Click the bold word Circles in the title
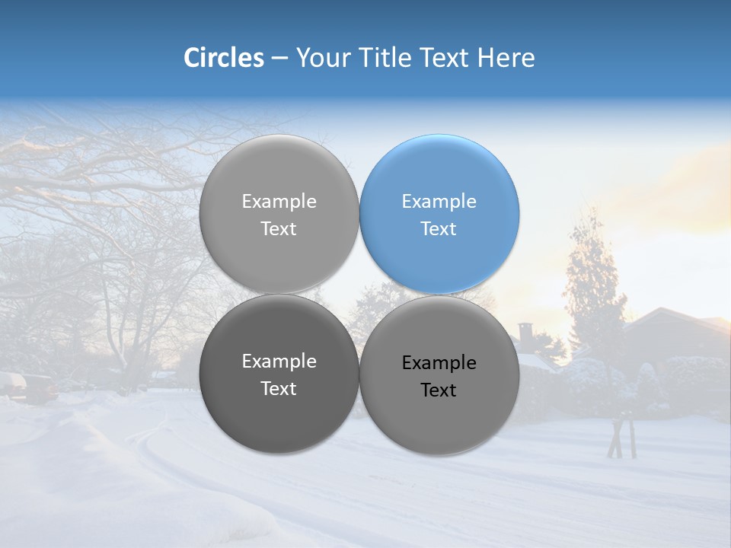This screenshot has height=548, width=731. (x=223, y=58)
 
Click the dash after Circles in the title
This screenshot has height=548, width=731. (x=279, y=59)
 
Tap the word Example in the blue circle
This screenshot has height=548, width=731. (x=439, y=202)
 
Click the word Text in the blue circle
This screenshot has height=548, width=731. (x=439, y=229)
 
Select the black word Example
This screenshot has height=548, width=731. (x=439, y=363)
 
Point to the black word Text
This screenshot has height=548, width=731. (x=439, y=390)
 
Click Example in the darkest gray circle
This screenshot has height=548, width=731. (x=279, y=362)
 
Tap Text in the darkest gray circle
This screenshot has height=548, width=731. (x=279, y=389)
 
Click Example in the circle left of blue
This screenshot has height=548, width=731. (x=279, y=202)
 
